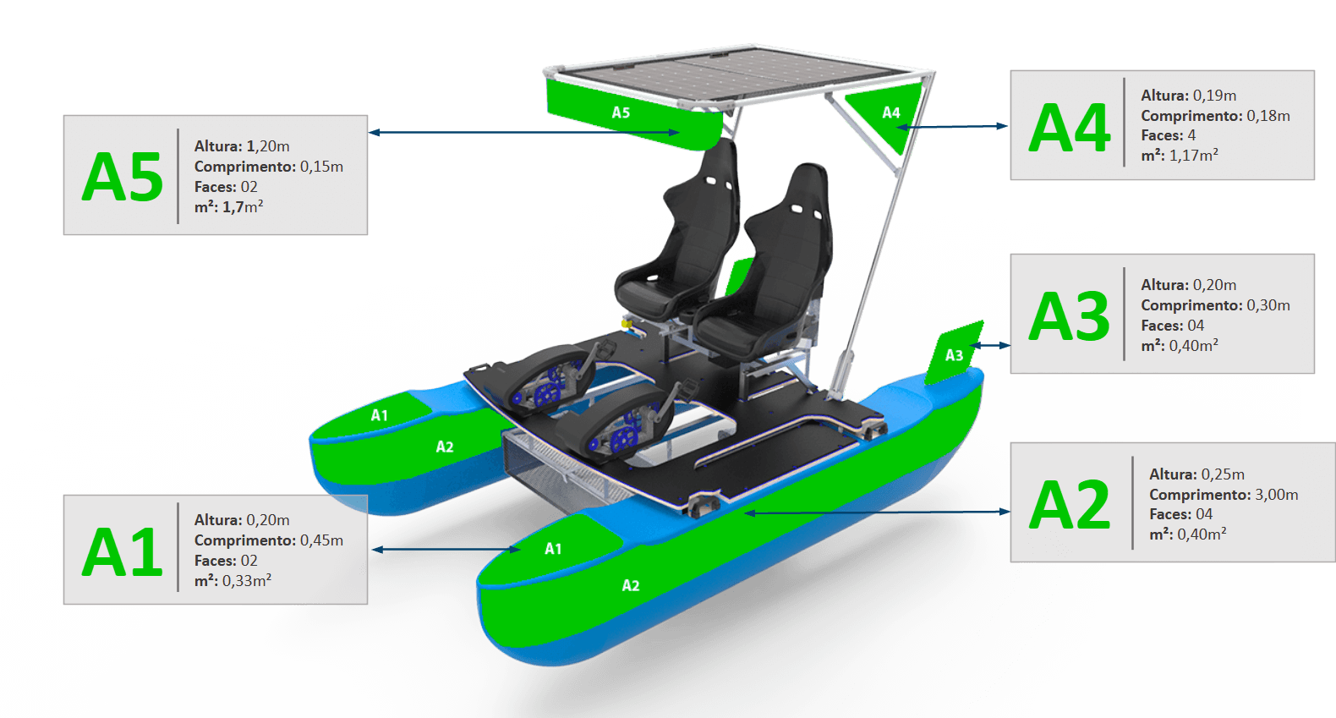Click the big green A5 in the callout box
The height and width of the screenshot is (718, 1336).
coord(123,177)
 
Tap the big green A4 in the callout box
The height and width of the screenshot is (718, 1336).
coord(1070,129)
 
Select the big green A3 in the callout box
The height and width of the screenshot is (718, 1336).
coord(1070,316)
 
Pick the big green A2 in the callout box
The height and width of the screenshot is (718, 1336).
coord(1070,505)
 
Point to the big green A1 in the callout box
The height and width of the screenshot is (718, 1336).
coord(123,552)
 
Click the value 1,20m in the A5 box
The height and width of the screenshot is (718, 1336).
coord(268,146)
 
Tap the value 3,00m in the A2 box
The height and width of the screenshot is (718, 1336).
coord(1277,495)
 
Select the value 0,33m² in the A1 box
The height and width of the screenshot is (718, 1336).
coord(247,581)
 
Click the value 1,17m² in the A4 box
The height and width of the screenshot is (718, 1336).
coord(1194,156)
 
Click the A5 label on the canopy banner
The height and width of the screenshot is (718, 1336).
coord(621,112)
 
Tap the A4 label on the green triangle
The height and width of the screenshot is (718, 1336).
coord(891,112)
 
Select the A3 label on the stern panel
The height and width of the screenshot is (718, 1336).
coord(954,356)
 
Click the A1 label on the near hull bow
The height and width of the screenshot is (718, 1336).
coord(553,549)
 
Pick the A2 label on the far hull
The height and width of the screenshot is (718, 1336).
coord(445,447)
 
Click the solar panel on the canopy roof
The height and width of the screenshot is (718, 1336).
coord(727,72)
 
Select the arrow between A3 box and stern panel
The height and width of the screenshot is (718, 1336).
coord(991,345)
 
